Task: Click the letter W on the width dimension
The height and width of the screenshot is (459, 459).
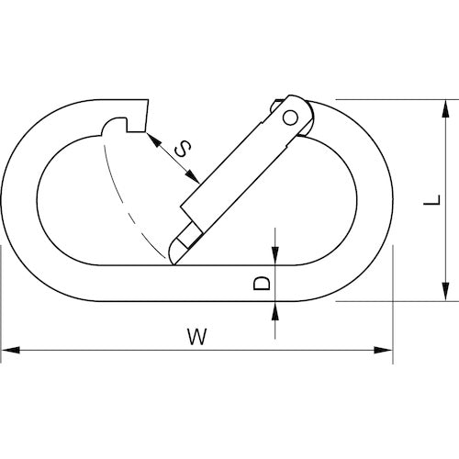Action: coord(196,336)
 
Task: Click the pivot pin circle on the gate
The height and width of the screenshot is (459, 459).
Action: coord(291,116)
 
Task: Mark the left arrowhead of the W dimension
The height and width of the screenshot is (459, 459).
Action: coord(7,350)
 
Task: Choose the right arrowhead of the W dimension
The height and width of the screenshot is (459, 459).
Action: coord(386,350)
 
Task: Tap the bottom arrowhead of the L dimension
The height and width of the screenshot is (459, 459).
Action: coord(444,296)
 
